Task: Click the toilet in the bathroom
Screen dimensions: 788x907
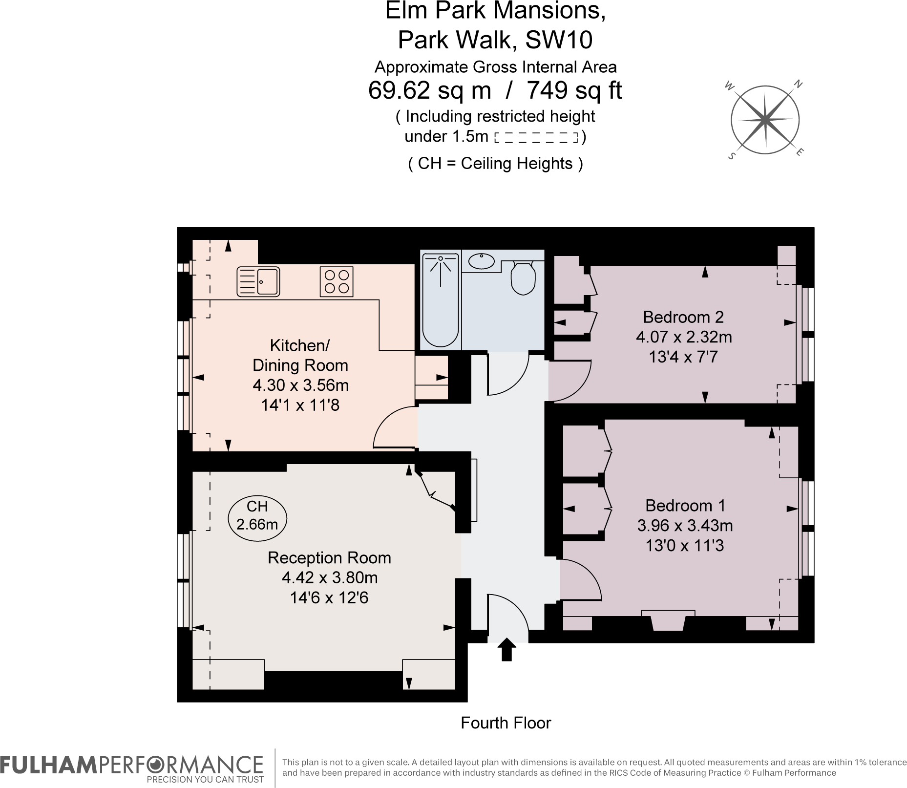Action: point(523,278)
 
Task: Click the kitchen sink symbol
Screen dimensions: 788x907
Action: point(258,282)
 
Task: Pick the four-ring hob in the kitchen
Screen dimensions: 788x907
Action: point(337,282)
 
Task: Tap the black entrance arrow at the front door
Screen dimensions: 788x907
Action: point(506,650)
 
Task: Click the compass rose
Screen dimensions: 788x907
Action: point(765,120)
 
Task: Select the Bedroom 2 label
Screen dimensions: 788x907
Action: point(683,317)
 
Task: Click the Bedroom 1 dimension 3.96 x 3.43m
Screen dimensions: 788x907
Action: point(685,526)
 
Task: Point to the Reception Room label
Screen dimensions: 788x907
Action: point(329,558)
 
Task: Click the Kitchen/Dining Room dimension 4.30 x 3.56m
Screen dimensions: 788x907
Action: point(300,385)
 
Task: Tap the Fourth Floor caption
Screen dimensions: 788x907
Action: point(506,723)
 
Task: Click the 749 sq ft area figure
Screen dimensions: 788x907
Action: point(574,90)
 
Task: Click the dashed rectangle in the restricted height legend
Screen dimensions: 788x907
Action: point(536,138)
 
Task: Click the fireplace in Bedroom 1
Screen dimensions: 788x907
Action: point(668,620)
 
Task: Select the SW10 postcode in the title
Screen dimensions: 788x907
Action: point(558,40)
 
